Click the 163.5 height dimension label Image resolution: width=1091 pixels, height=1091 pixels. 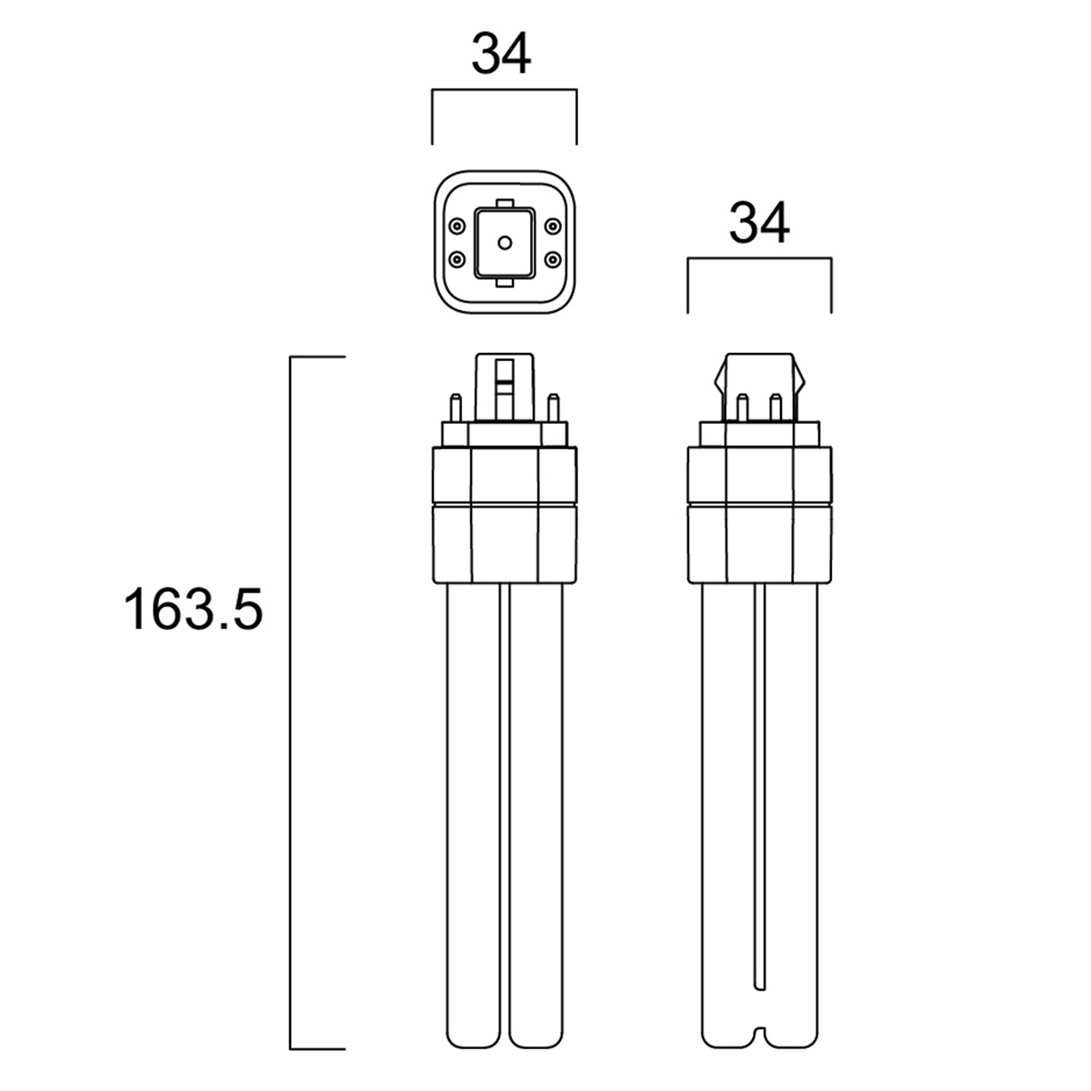coord(194,609)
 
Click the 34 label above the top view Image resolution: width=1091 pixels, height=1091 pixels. coord(501,54)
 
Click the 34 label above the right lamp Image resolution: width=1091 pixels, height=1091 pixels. coord(759,223)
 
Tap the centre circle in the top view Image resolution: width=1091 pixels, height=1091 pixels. coord(505,243)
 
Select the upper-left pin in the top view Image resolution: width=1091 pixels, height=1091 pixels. coord(456,226)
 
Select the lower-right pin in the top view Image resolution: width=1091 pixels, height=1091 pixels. coord(553,259)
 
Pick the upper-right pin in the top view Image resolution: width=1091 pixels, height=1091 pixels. coord(553,226)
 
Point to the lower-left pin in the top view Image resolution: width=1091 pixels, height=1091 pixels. coord(456,259)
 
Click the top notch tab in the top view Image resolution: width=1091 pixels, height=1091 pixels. coord(505,203)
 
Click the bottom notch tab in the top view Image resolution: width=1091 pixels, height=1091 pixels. coord(505,283)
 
